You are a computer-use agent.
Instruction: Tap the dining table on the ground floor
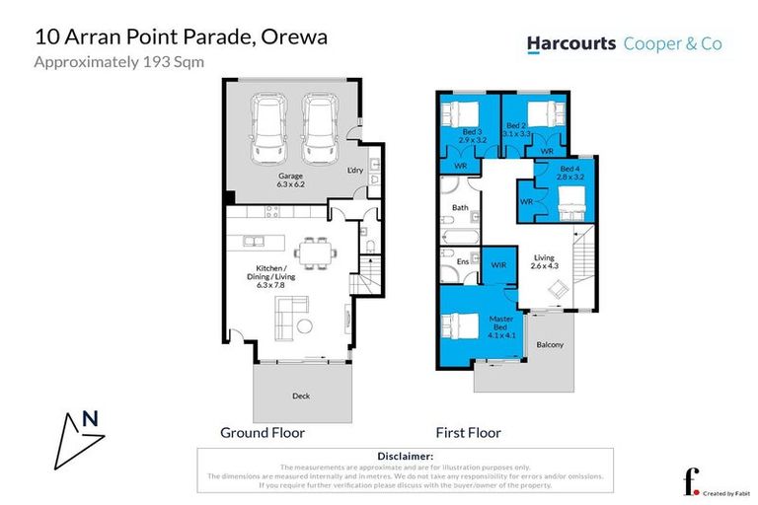click(317, 252)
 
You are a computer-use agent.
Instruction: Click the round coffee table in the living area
click(306, 326)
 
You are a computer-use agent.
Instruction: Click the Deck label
click(301, 396)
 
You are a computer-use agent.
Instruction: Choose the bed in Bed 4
click(570, 205)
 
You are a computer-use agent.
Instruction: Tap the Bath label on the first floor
click(460, 208)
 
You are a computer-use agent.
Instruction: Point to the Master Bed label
click(502, 323)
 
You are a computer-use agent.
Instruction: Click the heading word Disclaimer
click(406, 456)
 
